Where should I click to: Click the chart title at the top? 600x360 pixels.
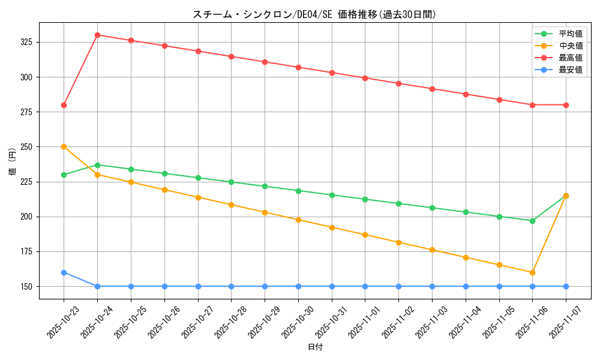click(x=314, y=14)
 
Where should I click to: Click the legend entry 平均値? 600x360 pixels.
click(x=570, y=34)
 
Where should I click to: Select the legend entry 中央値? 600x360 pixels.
click(x=570, y=46)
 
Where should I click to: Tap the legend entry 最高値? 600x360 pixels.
click(x=570, y=58)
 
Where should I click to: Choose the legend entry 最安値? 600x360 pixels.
click(x=570, y=70)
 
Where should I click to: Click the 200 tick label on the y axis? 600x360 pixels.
click(x=28, y=217)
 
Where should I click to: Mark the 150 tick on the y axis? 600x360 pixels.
click(x=28, y=286)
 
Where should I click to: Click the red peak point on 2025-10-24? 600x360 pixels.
click(x=97, y=35)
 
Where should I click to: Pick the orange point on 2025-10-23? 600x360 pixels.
click(x=64, y=146)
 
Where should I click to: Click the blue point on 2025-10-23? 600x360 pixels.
click(x=64, y=272)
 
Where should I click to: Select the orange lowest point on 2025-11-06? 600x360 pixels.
click(x=532, y=272)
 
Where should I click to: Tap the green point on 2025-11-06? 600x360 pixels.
click(x=532, y=221)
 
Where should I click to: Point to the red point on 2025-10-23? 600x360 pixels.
click(x=64, y=105)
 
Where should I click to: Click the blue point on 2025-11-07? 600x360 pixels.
click(x=566, y=286)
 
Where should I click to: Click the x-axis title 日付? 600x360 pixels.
click(x=315, y=347)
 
